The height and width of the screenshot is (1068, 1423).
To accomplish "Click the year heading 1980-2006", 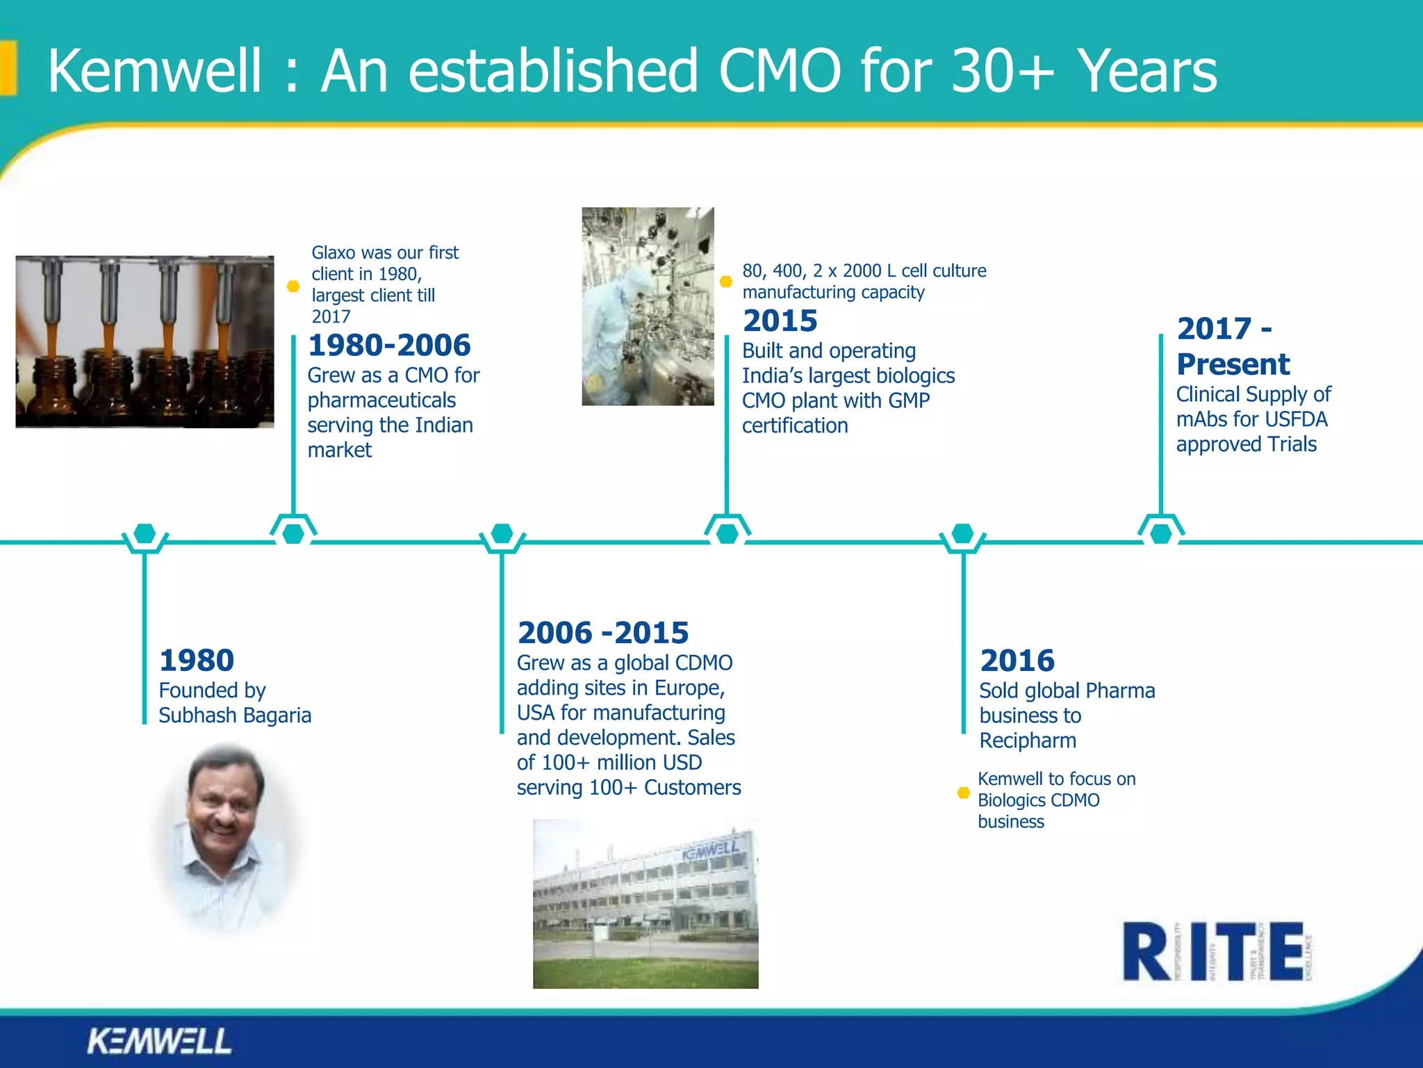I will pos(389,346).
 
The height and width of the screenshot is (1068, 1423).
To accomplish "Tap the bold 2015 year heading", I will pos(780,321).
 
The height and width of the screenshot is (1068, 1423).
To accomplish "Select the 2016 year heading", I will pos(1017,661).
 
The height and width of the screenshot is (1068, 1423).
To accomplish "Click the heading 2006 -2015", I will pos(602,633).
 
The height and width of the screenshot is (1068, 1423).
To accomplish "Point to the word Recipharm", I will pos(1028,741).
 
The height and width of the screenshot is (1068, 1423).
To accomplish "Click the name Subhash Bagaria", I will pos(235,715).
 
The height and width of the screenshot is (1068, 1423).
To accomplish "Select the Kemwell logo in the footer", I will pos(159,1041).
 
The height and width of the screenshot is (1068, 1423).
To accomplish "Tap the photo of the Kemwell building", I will pos(645,904).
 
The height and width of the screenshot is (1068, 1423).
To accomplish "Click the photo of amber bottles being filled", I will pos(145,341).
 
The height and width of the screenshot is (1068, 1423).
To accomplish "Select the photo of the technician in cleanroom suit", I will pos(648,306).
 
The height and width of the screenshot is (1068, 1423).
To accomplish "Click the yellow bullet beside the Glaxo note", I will pos(293,286).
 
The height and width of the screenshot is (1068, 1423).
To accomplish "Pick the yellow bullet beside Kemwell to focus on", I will pos(963,793).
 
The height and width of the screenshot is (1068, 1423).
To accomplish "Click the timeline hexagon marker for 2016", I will pos(962,534).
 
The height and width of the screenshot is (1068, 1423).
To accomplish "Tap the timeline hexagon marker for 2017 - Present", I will pos(1160,534).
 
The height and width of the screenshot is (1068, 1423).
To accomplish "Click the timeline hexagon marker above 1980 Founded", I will pos(145,534).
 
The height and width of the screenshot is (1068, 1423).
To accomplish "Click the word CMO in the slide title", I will pos(780,71).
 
